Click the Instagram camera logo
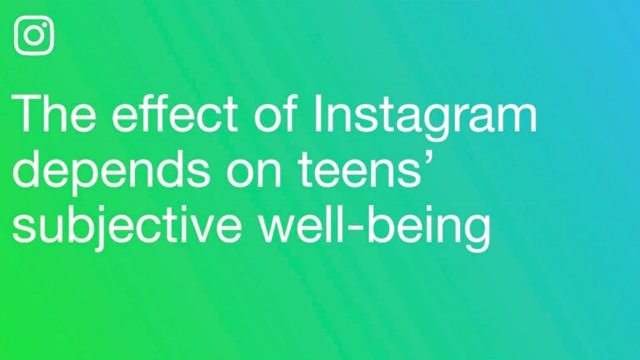tap(34, 36)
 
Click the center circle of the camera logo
tap(34, 36)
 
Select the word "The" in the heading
tap(52, 116)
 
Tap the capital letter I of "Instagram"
tap(321, 116)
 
